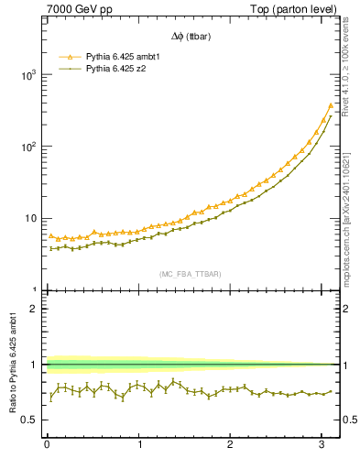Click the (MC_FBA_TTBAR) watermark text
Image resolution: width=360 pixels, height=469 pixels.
190,274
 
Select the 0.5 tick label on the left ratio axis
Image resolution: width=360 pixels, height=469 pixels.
29,420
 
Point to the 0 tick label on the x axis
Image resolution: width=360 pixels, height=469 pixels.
47,446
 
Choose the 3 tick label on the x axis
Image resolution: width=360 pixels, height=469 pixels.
322,446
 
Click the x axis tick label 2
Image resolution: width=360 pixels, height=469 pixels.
231,446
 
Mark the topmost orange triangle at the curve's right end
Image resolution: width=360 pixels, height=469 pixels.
331,106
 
